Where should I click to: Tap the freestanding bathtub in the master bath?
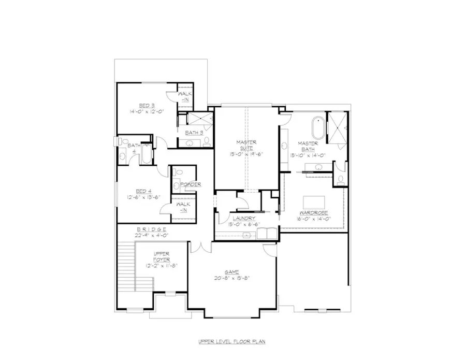click(316, 127)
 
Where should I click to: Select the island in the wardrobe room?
click(312, 201)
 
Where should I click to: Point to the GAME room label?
click(231, 271)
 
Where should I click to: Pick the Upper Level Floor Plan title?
click(232, 342)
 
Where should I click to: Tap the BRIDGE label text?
click(151, 229)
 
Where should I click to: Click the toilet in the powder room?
click(177, 184)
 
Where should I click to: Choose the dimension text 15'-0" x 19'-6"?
click(246, 154)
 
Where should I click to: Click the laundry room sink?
click(246, 235)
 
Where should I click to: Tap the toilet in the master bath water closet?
click(340, 180)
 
